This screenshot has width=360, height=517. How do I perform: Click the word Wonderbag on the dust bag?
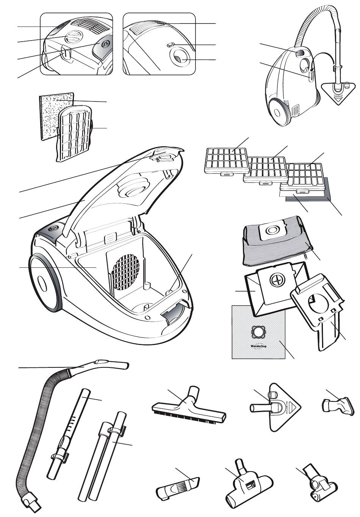[258, 347]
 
